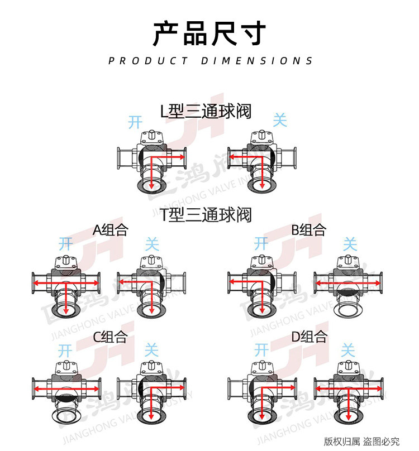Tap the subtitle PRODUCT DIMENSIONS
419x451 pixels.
tap(211, 61)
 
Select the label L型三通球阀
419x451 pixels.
tap(206, 111)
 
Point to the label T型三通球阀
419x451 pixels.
tap(206, 214)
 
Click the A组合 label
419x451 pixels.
tap(111, 230)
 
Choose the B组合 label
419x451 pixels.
tap(308, 230)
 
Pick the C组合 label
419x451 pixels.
tap(110, 337)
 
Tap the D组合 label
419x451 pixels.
tap(309, 337)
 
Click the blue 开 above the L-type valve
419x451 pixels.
tap(135, 122)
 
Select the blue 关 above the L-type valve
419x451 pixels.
tap(279, 119)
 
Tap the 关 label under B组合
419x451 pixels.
tap(349, 243)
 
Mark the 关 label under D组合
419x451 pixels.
tap(348, 351)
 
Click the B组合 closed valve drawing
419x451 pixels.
tap(350, 285)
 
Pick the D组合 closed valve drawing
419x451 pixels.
tap(349, 391)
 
